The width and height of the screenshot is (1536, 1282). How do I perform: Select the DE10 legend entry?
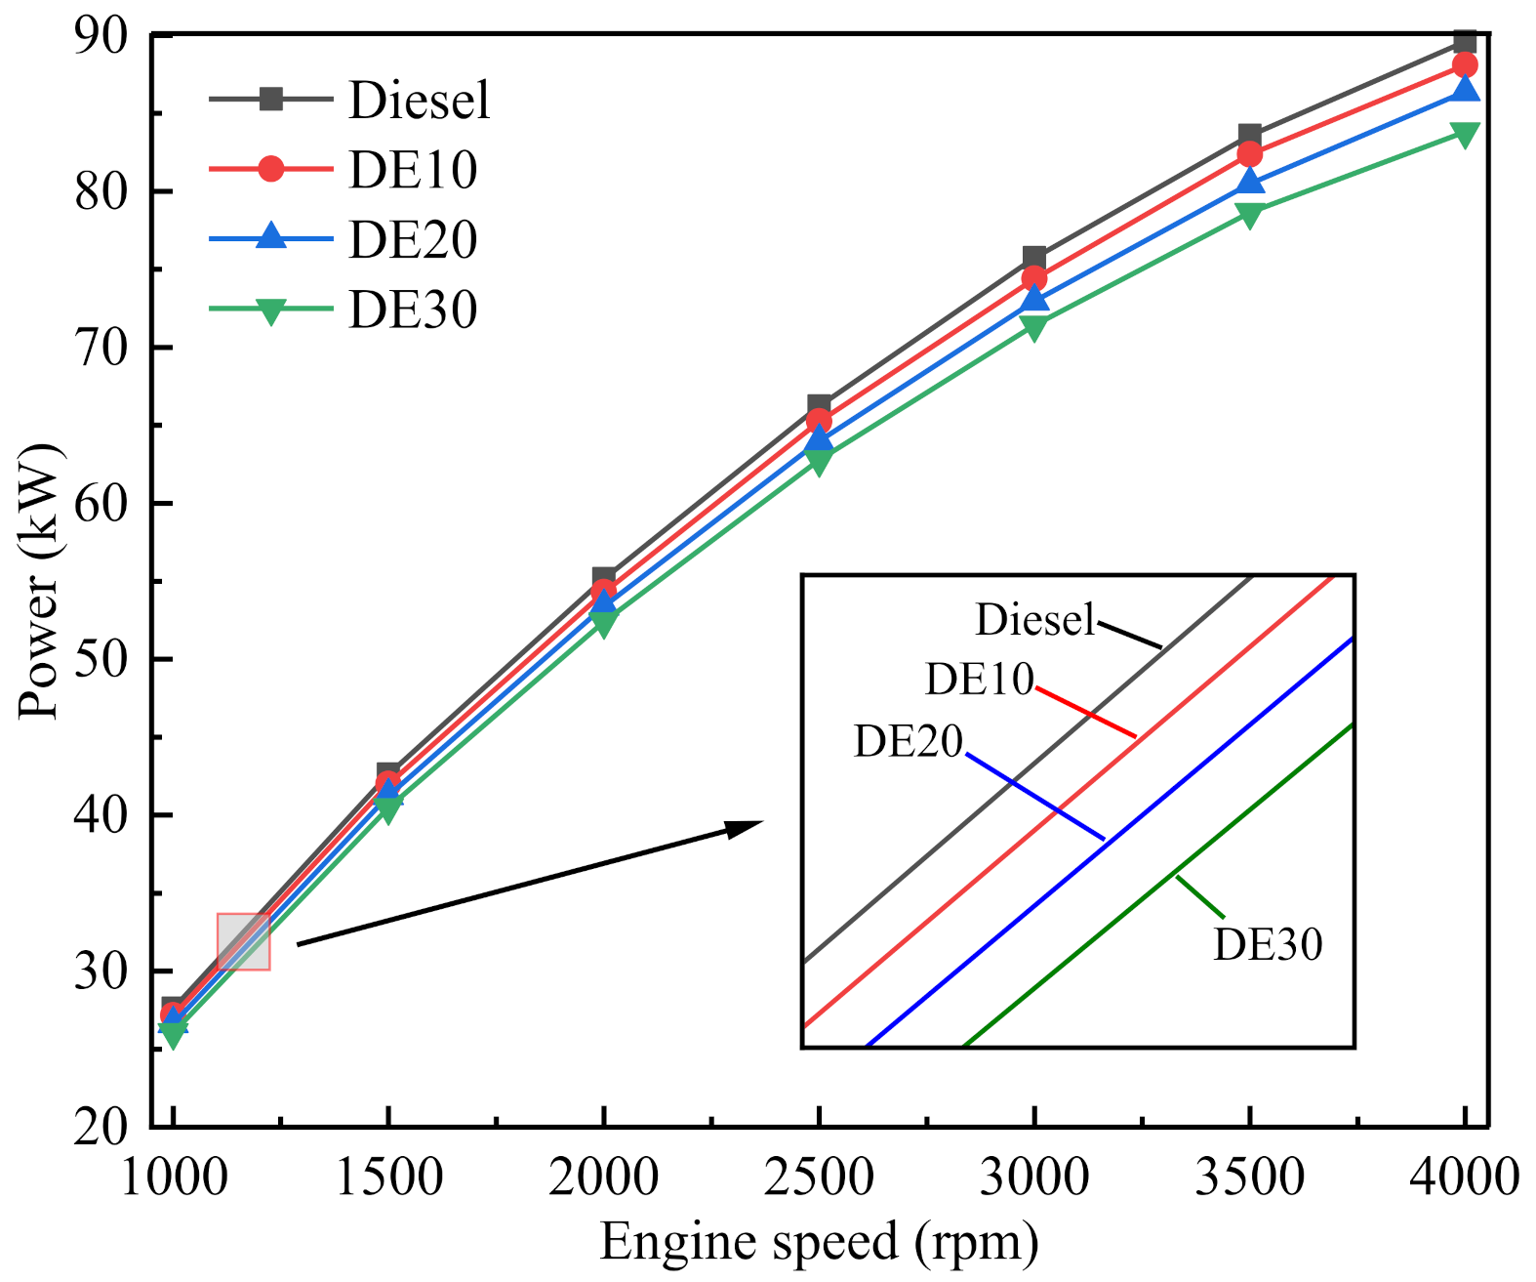point(412,170)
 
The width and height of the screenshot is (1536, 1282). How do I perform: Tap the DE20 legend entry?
point(412,240)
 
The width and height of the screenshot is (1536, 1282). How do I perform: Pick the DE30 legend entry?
point(412,310)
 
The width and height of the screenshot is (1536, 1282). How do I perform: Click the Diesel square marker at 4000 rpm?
point(1465,42)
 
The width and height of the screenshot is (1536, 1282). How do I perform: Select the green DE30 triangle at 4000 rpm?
point(1465,134)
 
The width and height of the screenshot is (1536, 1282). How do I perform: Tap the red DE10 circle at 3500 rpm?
point(1249,154)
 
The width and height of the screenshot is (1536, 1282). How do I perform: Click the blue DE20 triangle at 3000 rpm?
point(1034,299)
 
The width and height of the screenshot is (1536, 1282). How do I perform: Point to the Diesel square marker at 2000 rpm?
point(604,578)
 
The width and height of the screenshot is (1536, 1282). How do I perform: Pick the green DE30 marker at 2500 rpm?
point(820,461)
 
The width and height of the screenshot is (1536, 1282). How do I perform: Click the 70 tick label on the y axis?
point(101,349)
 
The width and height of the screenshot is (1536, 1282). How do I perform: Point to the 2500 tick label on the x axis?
point(819,1177)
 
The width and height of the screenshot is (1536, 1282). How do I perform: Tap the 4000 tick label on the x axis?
point(1464,1177)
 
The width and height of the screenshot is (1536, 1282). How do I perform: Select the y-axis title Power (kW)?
point(39,582)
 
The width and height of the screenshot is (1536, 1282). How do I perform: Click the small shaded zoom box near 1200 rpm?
point(243,941)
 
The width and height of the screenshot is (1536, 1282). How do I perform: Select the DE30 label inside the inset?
point(1268,944)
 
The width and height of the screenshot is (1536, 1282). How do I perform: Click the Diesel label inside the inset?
point(1035,620)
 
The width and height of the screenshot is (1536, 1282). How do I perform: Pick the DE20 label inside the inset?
point(909,742)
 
